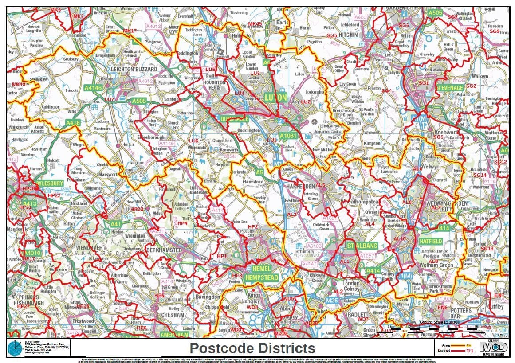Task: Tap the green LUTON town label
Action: pos(275,97)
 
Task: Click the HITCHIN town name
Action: pos(348,35)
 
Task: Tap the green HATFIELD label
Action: pos(430,241)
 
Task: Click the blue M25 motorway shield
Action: pos(332,301)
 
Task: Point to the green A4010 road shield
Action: pos(31,253)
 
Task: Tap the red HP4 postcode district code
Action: pos(182,224)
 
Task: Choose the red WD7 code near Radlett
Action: pos(363,320)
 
